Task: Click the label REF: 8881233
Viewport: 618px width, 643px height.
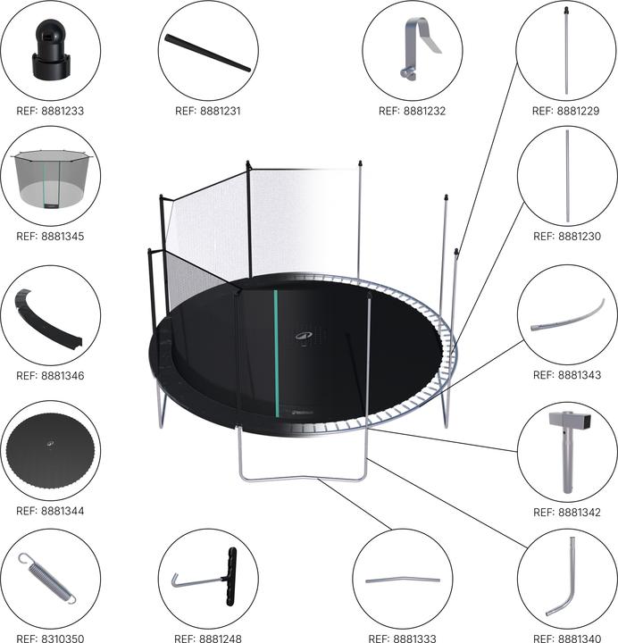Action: pos(50,111)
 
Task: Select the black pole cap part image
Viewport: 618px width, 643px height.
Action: pos(50,49)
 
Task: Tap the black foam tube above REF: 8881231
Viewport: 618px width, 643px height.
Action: pos(207,53)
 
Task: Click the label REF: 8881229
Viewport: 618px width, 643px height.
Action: pos(565,111)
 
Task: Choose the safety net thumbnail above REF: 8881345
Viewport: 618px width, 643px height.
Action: pos(51,179)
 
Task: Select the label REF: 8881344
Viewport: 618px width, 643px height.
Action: pos(50,511)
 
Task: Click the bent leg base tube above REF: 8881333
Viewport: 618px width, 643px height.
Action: pos(402,580)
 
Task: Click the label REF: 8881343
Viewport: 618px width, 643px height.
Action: pos(567,375)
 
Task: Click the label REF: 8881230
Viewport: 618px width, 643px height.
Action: pos(567,236)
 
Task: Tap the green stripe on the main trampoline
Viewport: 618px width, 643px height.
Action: pos(276,354)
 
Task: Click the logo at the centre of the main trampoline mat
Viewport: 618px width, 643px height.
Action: pos(304,336)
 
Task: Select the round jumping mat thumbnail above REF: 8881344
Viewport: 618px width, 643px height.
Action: pos(50,450)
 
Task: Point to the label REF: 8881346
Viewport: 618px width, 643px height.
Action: pos(50,376)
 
